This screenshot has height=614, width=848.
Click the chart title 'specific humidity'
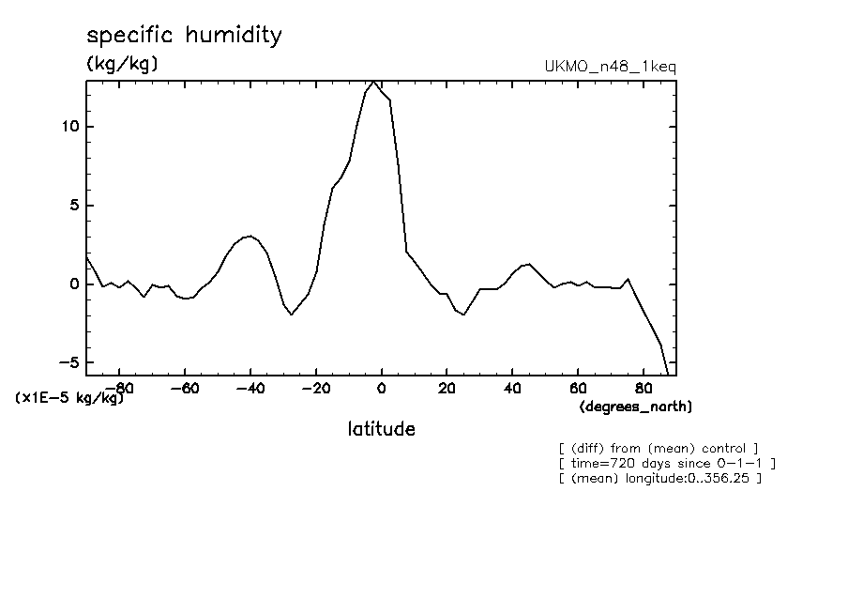click(184, 37)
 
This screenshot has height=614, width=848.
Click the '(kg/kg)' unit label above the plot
click(122, 64)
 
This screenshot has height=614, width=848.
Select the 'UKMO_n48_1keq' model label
click(610, 67)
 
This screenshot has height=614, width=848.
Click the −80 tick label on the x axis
click(117, 388)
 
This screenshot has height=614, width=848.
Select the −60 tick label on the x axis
click(184, 388)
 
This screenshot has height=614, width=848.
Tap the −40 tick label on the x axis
click(250, 388)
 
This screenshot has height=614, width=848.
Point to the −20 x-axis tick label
click(315, 388)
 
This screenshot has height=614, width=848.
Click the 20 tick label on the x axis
click(447, 388)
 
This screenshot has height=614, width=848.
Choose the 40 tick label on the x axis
click(512, 388)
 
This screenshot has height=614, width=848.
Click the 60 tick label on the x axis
click(578, 388)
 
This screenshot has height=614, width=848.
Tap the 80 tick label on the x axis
click(644, 388)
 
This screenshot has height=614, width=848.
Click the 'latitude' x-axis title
click(381, 429)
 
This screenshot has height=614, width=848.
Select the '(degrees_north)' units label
click(636, 407)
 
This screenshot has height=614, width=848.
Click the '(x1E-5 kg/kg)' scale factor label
click(69, 398)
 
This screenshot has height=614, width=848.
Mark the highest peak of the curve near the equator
click(374, 82)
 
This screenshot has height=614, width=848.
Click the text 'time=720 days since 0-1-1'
click(666, 463)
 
